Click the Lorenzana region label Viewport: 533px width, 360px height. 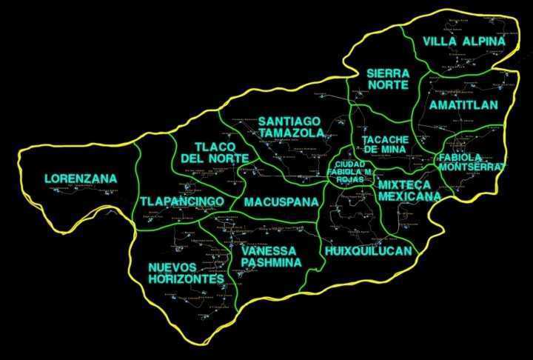click(70, 179)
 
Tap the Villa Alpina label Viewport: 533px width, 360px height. click(464, 41)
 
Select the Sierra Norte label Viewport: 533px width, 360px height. click(388, 79)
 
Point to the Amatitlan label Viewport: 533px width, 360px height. click(463, 105)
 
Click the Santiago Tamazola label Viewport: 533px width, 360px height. click(291, 127)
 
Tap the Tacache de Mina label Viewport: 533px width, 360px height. click(385, 144)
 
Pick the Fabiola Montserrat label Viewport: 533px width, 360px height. click(471, 161)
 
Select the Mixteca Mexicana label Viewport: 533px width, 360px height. click(409, 190)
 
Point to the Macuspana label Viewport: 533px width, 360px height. click(281, 201)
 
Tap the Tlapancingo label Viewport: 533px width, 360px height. click(182, 201)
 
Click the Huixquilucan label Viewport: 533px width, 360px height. click(368, 251)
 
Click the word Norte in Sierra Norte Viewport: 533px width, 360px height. click(388, 84)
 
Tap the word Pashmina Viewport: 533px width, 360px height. click(271, 262)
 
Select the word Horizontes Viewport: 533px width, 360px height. click(186, 279)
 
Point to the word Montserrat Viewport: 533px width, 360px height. click(471, 167)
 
